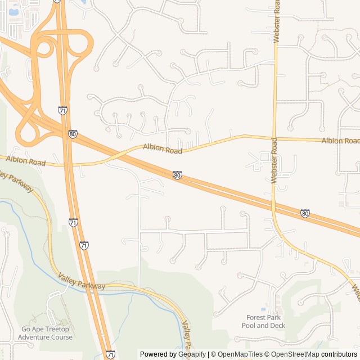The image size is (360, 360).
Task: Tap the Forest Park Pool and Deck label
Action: click(263, 321)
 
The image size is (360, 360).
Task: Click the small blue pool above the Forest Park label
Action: click(263, 309)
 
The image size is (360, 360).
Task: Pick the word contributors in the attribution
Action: click(339, 354)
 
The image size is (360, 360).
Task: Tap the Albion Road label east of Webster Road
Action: click(340, 140)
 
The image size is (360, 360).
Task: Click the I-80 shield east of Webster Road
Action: click(304, 213)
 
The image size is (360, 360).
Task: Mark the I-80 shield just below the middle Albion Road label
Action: click(177, 175)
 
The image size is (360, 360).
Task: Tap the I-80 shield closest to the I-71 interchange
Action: click(73, 134)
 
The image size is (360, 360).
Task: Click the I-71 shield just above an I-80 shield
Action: click(62, 111)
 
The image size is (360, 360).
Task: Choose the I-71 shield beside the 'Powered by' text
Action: click(110, 354)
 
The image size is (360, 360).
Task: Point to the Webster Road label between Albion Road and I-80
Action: click(274, 160)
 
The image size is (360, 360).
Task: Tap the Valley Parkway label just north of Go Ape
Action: click(82, 282)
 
